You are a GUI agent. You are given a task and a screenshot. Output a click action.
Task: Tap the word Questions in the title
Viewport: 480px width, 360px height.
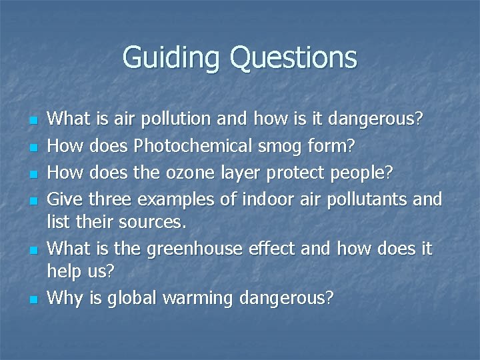pos(294,57)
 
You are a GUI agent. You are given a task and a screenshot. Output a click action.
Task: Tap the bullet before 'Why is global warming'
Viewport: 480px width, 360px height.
pos(33,300)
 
